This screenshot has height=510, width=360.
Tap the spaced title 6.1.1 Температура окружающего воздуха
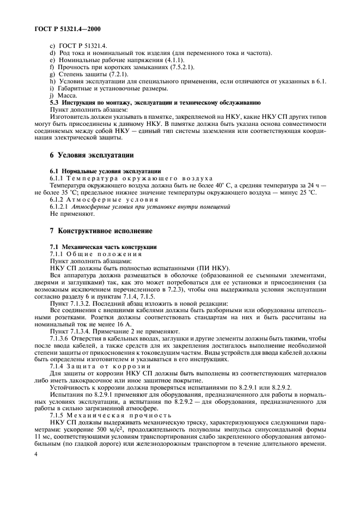pos(131,178)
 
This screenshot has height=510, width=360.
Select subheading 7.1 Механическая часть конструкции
pos(103,247)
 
